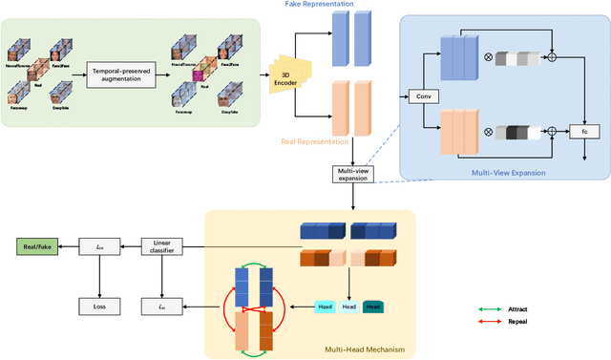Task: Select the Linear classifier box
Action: [162, 247]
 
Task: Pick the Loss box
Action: [98, 307]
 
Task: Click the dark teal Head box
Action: [374, 306]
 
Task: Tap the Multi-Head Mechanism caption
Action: [366, 349]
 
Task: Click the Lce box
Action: [98, 247]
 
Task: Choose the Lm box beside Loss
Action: [162, 307]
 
